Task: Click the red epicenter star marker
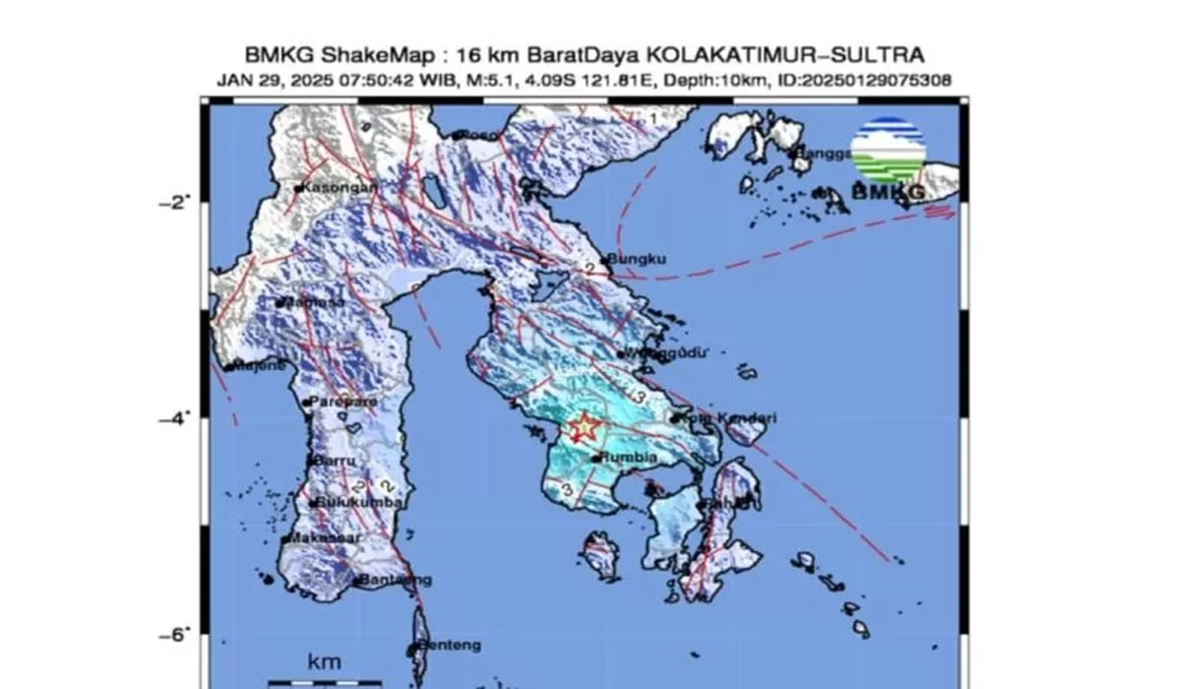585,427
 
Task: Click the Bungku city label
639,260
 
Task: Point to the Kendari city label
729,418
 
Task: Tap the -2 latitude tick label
173,202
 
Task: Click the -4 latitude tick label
173,418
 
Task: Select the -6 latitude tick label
173,635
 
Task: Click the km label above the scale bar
324,661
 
